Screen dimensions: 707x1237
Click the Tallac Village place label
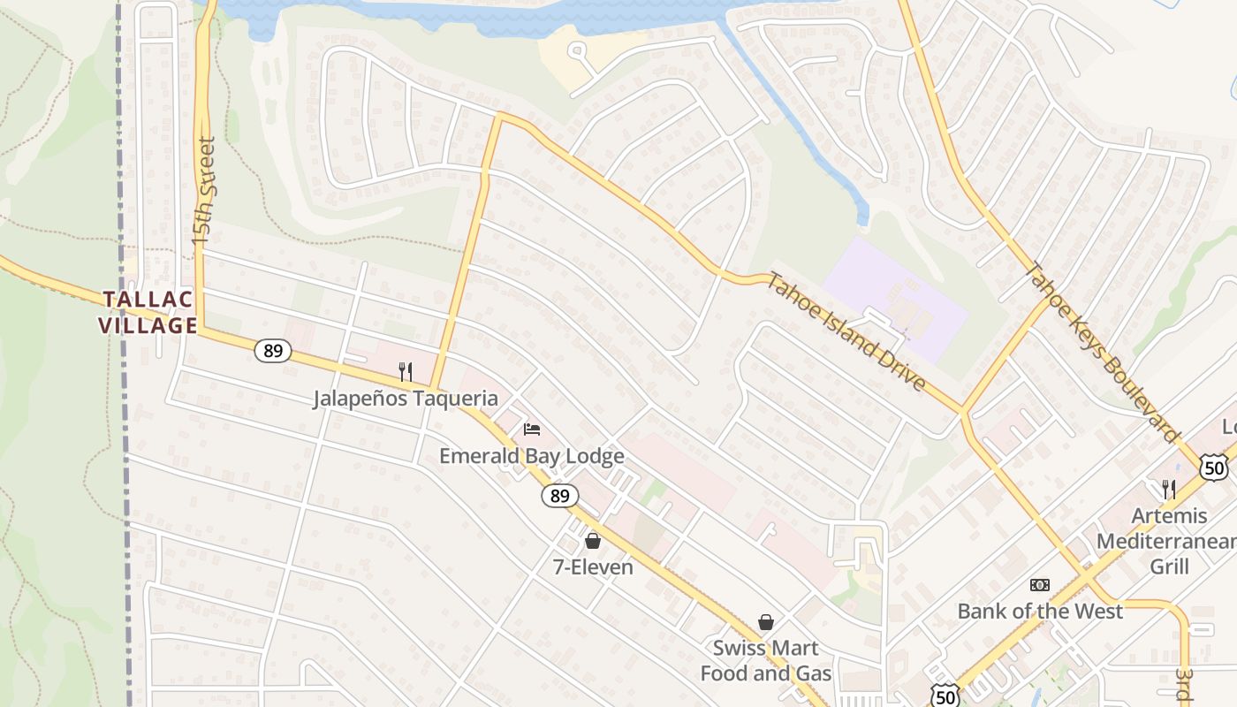tap(148, 312)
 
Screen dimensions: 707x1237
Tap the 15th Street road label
tap(204, 191)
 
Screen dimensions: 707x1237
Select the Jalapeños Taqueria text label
tap(405, 399)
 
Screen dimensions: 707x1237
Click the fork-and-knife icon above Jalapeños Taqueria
tap(406, 371)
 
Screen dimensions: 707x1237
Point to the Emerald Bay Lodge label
tap(532, 456)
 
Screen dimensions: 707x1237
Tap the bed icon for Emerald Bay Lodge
tap(532, 430)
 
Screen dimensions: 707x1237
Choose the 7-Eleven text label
tap(593, 567)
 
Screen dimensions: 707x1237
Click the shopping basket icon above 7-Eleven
tap(593, 540)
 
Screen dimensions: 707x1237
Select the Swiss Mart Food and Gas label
tap(766, 660)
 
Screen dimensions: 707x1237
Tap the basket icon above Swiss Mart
tap(766, 622)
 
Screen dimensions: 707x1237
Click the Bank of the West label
tap(1040, 611)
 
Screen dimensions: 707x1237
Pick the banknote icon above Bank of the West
tap(1040, 585)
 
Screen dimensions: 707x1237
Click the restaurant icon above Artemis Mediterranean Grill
tap(1168, 488)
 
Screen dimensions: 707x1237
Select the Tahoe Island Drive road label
tap(846, 331)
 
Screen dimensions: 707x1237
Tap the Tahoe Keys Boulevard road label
tap(1101, 351)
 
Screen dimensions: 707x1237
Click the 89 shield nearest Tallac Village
tap(273, 351)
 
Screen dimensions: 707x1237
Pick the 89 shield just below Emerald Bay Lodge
tap(560, 496)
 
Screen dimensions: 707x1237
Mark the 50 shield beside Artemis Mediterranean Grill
tap(1215, 467)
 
